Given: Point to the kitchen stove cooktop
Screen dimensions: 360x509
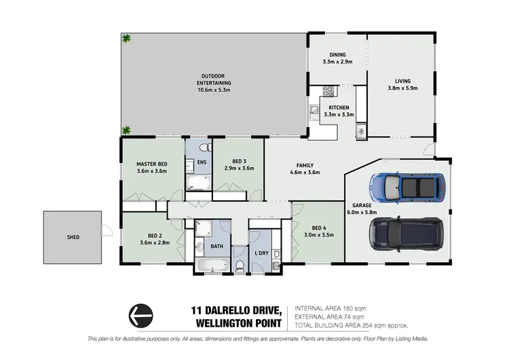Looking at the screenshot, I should (328, 91).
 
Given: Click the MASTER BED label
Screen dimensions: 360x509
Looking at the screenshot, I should (152, 164).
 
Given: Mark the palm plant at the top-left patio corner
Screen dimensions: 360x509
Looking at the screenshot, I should (126, 39).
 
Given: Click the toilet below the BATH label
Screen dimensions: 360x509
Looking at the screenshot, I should (238, 266).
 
